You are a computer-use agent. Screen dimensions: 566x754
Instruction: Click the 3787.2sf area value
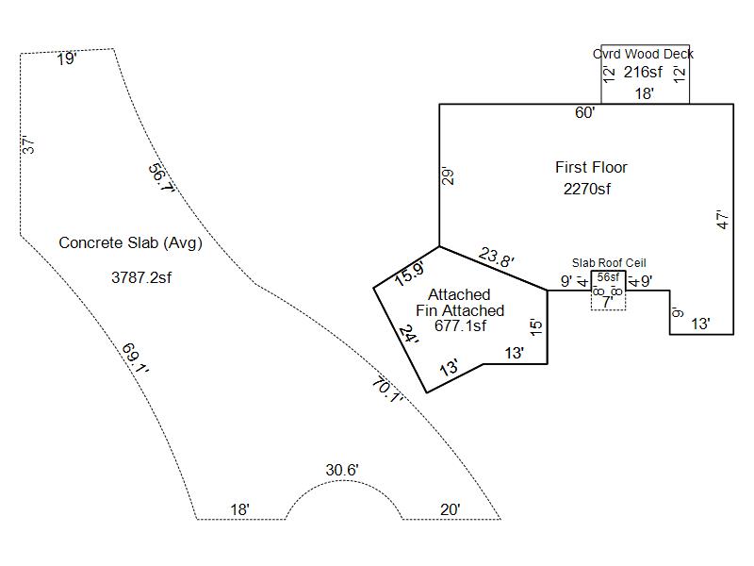(141, 277)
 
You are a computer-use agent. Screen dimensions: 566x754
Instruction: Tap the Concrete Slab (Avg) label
(130, 242)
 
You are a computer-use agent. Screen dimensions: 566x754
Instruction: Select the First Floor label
(591, 167)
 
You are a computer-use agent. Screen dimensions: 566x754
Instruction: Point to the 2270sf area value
(587, 189)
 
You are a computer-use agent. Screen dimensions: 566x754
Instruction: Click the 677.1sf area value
(460, 326)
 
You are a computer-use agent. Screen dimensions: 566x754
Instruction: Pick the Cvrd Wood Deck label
(643, 54)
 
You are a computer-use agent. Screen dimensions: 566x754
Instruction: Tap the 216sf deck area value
(644, 72)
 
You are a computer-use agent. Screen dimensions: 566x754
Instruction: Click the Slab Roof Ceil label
(609, 262)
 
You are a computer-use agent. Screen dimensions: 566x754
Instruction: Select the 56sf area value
(608, 276)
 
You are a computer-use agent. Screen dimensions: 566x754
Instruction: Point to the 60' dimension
(585, 113)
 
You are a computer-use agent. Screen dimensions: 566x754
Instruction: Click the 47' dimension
(723, 220)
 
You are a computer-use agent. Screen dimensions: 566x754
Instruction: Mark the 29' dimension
(450, 175)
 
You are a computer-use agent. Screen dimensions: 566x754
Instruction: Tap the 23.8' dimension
(497, 257)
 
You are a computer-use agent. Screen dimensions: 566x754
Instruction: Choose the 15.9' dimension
(409, 274)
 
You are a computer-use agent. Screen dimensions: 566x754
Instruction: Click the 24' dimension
(408, 335)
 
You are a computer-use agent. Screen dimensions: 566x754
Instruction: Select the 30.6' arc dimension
(342, 470)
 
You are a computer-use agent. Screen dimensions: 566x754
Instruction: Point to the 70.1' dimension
(387, 389)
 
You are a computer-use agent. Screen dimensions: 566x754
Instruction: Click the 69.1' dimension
(136, 358)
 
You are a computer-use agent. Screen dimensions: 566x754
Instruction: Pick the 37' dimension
(28, 146)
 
